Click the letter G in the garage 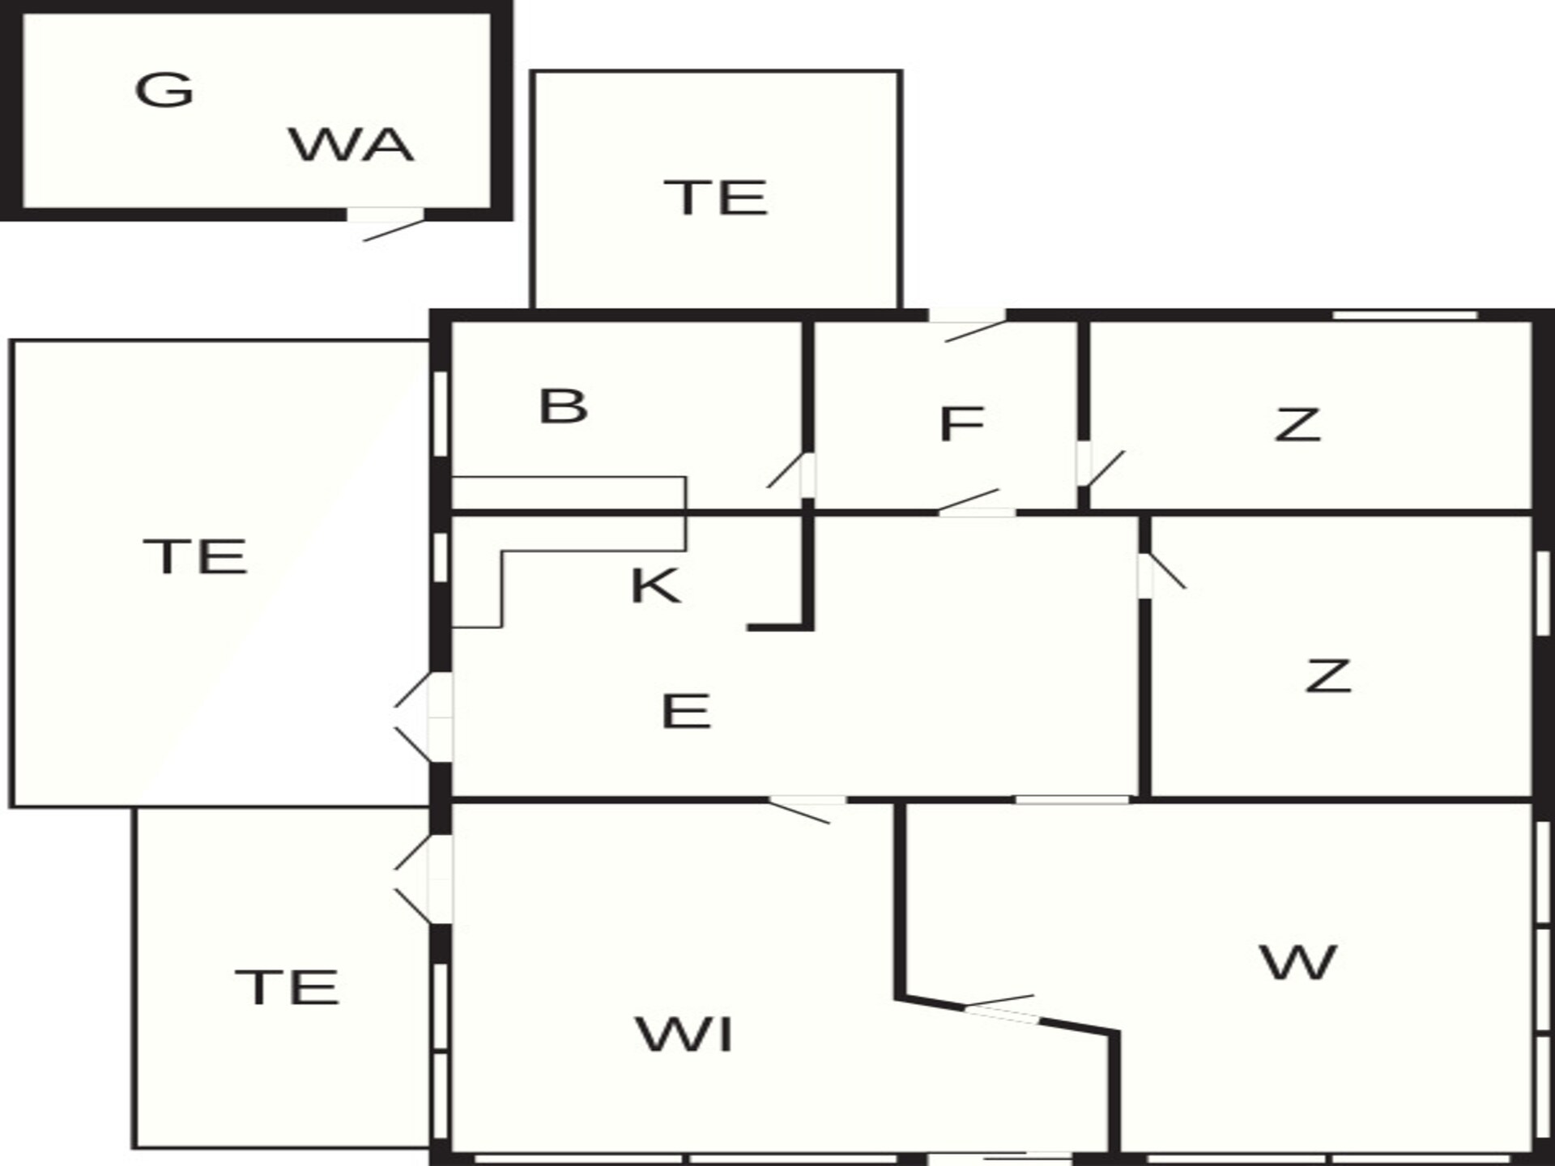tap(164, 89)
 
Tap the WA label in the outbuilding tap(351, 145)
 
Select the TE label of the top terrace tap(716, 198)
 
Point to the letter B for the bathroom tap(563, 406)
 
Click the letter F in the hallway tap(961, 423)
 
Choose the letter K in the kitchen tap(655, 585)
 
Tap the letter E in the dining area tap(686, 712)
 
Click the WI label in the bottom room tap(685, 1034)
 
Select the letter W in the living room tap(1297, 962)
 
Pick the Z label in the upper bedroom tap(1297, 424)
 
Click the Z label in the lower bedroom tap(1328, 675)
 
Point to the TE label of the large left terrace tap(195, 556)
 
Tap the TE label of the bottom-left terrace tap(287, 987)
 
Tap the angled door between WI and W tap(1001, 1008)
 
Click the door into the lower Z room tap(1161, 571)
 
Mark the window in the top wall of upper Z tap(1405, 315)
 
